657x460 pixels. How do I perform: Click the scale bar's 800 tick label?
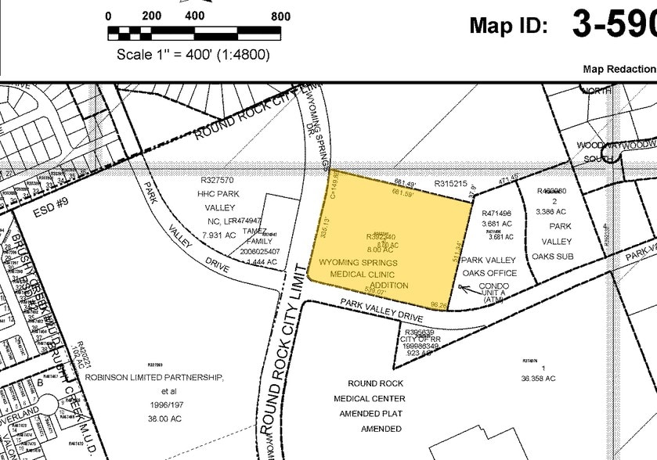click(280, 16)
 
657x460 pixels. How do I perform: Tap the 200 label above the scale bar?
click(151, 16)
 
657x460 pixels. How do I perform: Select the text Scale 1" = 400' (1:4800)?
click(193, 55)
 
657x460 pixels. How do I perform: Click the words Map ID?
click(508, 25)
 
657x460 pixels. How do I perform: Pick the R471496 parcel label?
click(496, 213)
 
